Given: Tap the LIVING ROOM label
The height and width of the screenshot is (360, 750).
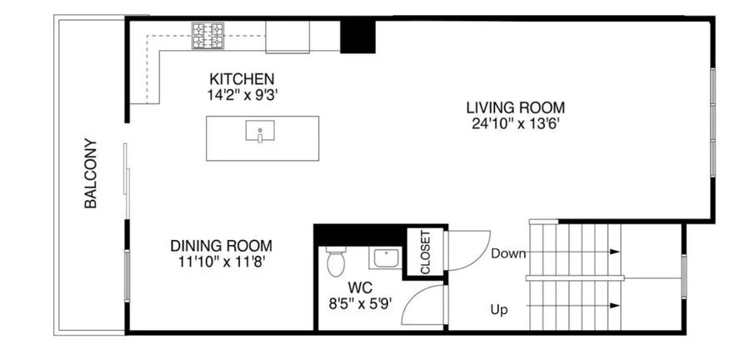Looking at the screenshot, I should coord(515,107).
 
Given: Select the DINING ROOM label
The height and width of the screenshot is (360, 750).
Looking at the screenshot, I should coord(221,246).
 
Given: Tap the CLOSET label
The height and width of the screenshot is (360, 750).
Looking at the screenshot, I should coord(425,252).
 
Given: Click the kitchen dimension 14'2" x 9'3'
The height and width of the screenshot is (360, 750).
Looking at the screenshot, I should coord(242,95).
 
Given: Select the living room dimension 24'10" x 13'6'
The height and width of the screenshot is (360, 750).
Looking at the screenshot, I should coord(515,123).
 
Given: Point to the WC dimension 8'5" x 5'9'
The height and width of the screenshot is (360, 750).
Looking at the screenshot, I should coord(359,302).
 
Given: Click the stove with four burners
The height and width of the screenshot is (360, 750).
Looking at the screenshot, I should coord(208,35).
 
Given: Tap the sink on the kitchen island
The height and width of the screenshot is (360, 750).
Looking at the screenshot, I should coord(262,132).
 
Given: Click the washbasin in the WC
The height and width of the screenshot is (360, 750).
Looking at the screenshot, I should coord(385,258).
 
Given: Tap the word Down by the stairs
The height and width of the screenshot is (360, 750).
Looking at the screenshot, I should coord(507,253).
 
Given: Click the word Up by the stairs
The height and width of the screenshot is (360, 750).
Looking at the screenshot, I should coord(499,310).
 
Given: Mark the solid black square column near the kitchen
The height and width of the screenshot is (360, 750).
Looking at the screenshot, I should coord(357,36).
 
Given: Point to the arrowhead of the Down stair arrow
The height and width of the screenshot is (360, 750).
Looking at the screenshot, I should coord(615,252).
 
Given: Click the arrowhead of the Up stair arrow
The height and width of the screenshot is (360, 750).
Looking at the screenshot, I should coord(615,306).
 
